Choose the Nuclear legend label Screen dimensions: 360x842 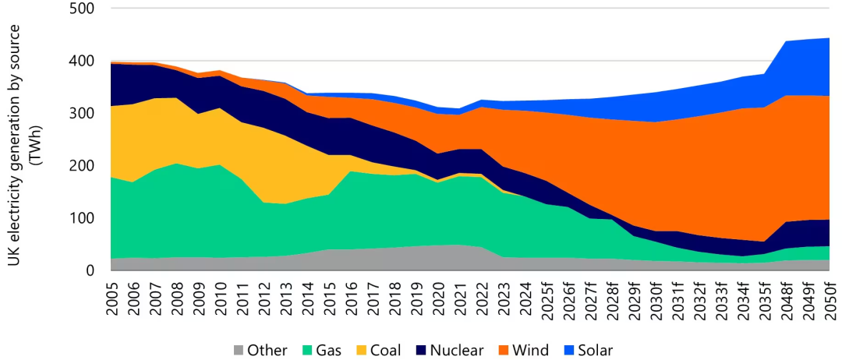(x=460, y=351)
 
